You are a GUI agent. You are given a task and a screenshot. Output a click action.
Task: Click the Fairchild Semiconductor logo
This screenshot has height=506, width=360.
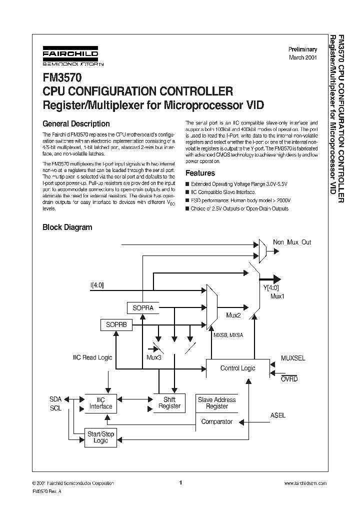click(70, 57)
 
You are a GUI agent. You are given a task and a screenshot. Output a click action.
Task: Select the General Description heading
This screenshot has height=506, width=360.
click(76, 123)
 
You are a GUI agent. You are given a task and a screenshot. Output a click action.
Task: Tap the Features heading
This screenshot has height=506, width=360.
click(200, 173)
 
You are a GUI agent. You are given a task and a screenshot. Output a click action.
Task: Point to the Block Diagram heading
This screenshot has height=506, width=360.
click(67, 227)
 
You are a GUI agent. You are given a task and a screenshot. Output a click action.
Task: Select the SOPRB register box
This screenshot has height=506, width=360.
click(116, 324)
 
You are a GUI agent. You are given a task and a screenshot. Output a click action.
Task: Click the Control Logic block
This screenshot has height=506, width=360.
click(237, 368)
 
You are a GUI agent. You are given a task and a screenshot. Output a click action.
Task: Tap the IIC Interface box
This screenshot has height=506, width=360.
click(100, 403)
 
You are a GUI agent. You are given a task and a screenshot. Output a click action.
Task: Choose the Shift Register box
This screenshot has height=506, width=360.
click(169, 403)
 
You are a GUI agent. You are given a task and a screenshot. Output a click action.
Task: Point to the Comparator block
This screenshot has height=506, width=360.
click(216, 421)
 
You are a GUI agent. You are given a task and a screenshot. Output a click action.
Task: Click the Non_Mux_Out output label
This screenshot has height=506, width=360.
click(291, 242)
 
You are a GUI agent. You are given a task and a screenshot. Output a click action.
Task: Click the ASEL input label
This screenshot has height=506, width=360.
click(278, 415)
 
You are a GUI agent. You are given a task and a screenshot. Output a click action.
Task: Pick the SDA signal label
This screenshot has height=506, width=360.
click(55, 399)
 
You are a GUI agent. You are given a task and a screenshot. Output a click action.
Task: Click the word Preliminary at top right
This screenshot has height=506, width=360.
click(302, 49)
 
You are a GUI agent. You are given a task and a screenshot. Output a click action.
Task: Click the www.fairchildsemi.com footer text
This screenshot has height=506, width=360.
click(304, 483)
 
